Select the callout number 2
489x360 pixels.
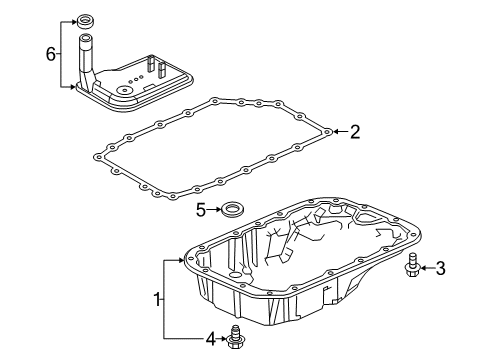(354, 131)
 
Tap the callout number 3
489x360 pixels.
(439, 267)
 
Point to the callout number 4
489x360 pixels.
(211, 340)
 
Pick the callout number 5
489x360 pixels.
(200, 210)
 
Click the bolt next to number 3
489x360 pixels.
(412, 266)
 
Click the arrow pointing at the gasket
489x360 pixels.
(339, 131)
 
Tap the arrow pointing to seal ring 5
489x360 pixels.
(215, 210)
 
